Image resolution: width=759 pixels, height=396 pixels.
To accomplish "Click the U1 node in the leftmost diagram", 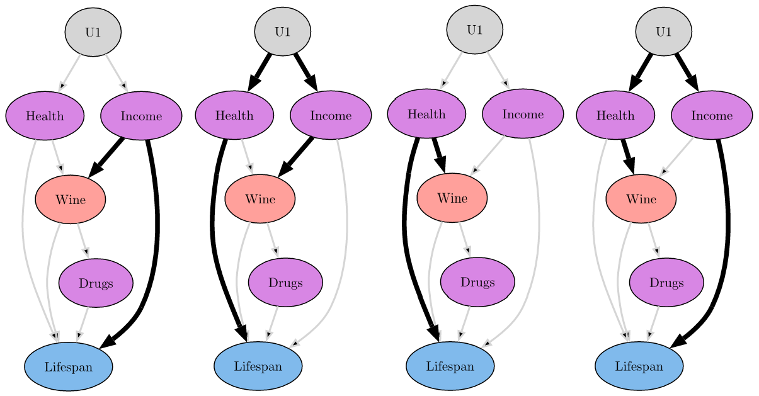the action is pos(93,32).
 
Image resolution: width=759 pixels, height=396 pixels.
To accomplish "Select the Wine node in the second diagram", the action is pos(260,199).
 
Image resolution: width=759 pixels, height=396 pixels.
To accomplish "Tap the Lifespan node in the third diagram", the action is pos(450,366).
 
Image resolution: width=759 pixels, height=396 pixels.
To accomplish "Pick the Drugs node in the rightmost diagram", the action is pos(666,283).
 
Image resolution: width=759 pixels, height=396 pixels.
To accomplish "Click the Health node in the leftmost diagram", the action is pos(45,116).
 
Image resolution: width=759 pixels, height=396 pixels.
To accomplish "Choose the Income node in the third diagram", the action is pos(523,114).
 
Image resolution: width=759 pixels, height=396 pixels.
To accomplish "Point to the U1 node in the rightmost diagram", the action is pos(663,31).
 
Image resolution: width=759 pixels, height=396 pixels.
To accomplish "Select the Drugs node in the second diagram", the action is pos(285,283).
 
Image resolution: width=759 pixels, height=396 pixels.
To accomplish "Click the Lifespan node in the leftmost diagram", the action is pos(69,367).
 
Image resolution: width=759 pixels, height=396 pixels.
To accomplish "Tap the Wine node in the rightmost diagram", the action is pos(641,199).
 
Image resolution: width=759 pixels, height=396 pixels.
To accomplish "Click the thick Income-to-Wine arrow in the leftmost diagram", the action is pos(106,157).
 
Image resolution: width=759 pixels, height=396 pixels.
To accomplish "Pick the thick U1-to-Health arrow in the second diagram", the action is pos(260,72).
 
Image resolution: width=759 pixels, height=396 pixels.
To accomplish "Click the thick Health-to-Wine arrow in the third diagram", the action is pos(439,155).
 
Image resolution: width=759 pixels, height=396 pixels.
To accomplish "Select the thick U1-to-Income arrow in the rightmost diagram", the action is pos(687,72).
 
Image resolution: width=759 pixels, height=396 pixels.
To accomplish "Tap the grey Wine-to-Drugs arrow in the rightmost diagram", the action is pos(654,240).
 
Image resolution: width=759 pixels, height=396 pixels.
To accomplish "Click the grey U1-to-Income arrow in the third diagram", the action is pos(498,71).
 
